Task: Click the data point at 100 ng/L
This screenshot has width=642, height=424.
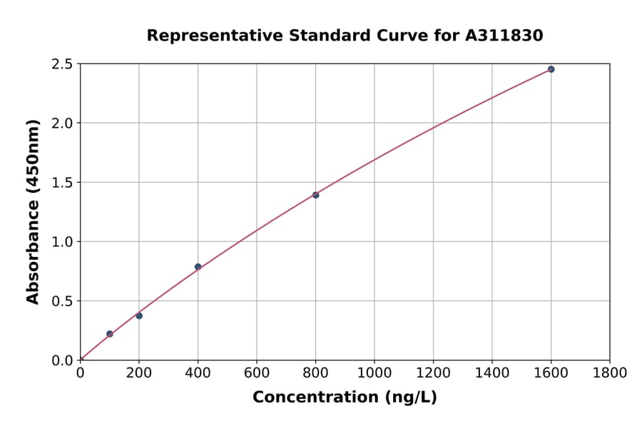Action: (110, 334)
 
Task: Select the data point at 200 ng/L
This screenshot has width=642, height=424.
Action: (139, 316)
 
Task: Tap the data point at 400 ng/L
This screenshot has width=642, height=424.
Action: (198, 267)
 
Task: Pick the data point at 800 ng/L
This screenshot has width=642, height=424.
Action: (316, 195)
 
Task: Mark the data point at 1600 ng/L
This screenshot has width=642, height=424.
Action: (551, 69)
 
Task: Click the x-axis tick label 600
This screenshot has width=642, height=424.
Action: (257, 373)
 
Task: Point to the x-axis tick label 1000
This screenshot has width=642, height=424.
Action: (374, 373)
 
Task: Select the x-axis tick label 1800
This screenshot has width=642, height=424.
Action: (610, 373)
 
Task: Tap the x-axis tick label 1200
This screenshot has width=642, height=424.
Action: (433, 373)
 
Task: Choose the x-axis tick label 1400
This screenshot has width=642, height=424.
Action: (492, 373)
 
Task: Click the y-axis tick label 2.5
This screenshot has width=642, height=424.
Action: (62, 64)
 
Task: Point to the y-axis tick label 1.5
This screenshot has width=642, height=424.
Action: (62, 183)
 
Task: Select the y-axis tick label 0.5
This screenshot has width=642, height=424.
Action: (62, 301)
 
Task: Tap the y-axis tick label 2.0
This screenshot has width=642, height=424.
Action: (62, 123)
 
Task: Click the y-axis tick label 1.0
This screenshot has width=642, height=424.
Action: (62, 242)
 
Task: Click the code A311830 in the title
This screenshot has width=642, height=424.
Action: (504, 36)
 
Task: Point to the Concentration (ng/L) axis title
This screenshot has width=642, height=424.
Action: (345, 397)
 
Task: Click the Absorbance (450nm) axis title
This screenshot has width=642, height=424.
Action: (33, 211)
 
